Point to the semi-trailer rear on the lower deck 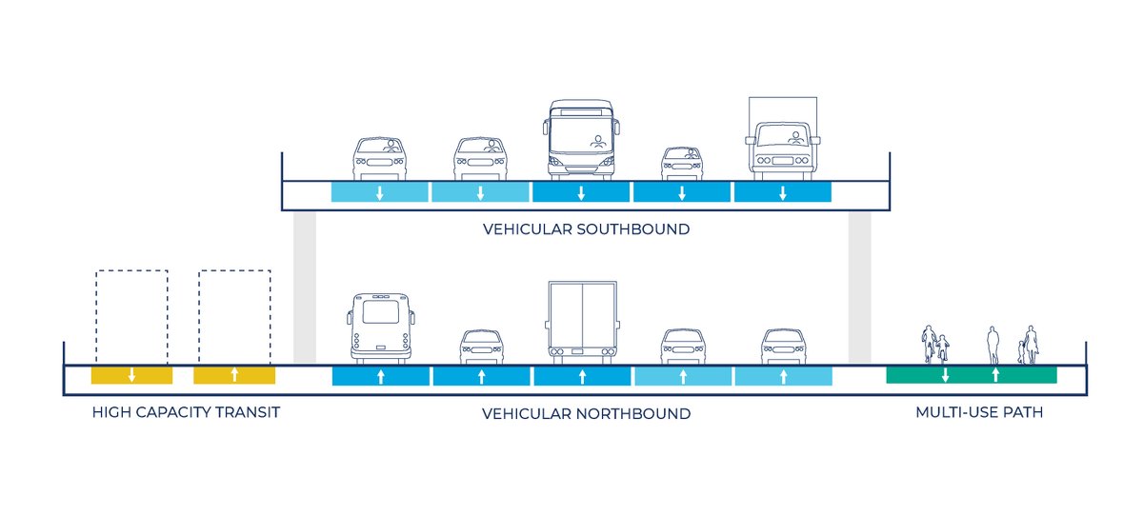point(582,322)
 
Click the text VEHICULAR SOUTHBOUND point(586,229)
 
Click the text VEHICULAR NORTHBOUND point(586,414)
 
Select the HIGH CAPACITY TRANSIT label point(186,413)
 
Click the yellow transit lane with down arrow point(131,375)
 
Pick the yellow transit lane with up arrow point(234,375)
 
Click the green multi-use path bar point(971,375)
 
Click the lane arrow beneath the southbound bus point(581,193)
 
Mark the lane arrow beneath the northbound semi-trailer point(582,376)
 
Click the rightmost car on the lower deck point(784,346)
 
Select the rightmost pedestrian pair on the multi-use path point(1028,345)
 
